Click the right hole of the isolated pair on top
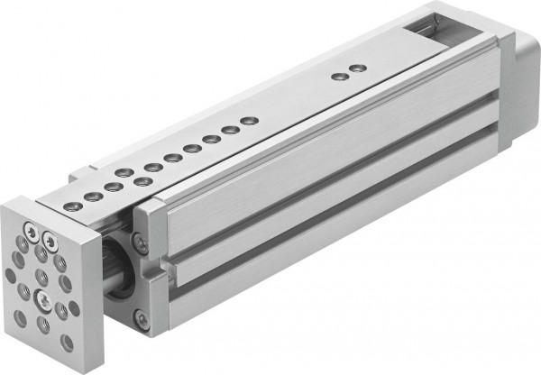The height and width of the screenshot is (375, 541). click(358, 68)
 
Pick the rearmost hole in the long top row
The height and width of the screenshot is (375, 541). click(250, 120)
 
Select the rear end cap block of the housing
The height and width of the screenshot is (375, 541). click(518, 81)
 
